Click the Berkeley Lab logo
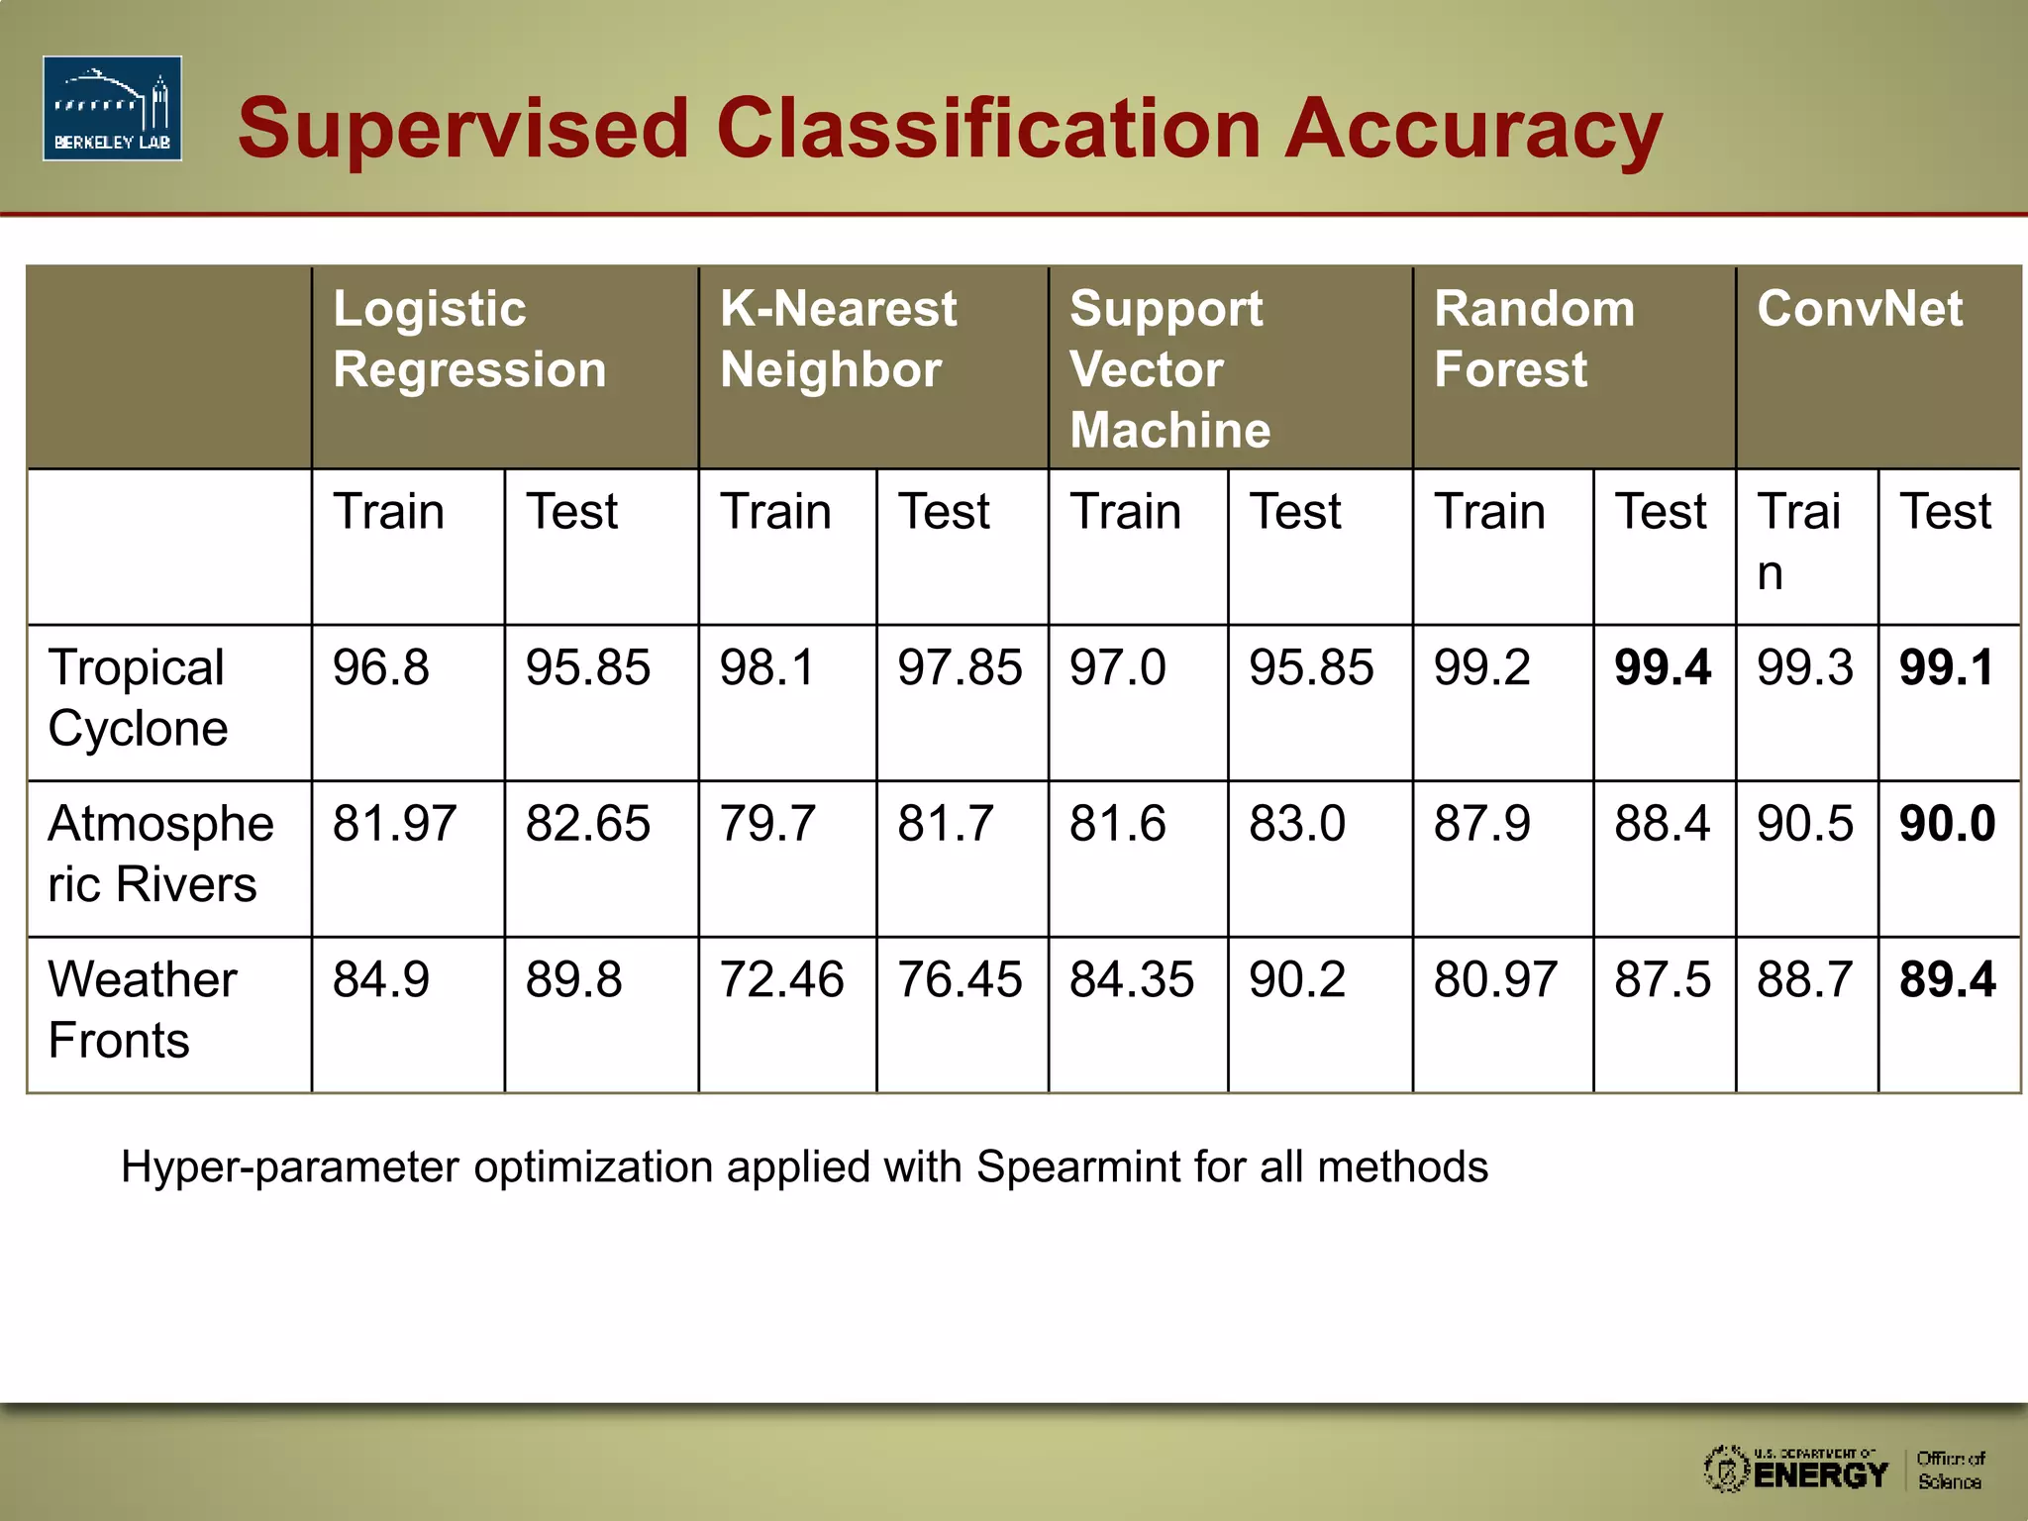(x=112, y=108)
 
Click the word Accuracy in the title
(x=1472, y=129)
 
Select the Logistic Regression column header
(x=469, y=339)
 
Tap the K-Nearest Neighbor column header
(x=838, y=339)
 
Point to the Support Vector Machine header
(x=1168, y=368)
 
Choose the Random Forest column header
(x=1534, y=339)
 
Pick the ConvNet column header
(x=1859, y=309)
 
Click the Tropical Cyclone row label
(x=138, y=698)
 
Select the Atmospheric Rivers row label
(x=159, y=854)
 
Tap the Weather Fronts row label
(x=142, y=1009)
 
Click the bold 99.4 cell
(x=1662, y=667)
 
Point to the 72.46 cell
(x=781, y=980)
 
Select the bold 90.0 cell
(x=1946, y=824)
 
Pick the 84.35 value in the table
(x=1131, y=980)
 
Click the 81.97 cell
(x=394, y=824)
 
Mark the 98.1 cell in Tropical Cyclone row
(x=766, y=667)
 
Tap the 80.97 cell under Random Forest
(x=1495, y=980)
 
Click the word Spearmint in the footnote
(x=1079, y=1167)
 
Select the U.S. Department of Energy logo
(x=1795, y=1469)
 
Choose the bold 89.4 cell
(x=1946, y=980)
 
